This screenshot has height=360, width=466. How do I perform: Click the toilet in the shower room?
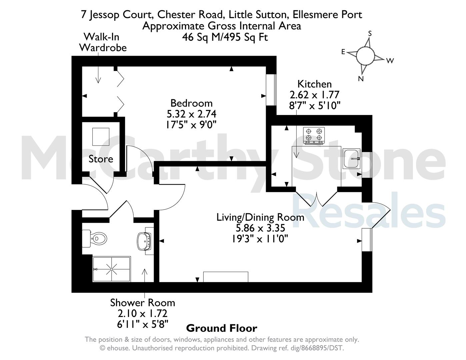click(x=94, y=238)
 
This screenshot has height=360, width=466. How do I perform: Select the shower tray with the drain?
click(x=112, y=269)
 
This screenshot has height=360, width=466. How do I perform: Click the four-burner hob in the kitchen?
click(x=314, y=136)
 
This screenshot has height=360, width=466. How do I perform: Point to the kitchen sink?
click(x=351, y=158)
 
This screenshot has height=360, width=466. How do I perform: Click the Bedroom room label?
click(x=192, y=103)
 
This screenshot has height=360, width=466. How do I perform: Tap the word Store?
click(x=101, y=159)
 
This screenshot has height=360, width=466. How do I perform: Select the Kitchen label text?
click(x=314, y=84)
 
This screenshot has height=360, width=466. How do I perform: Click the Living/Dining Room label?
click(x=260, y=217)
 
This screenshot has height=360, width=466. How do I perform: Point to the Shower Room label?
click(x=143, y=303)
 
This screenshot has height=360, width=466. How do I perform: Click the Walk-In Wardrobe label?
click(x=103, y=42)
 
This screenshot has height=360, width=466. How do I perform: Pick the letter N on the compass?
click(x=361, y=79)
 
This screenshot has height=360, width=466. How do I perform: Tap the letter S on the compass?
click(x=370, y=33)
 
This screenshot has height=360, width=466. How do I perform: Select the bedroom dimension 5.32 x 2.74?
click(x=192, y=114)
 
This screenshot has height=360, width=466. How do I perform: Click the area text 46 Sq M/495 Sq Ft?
click(x=225, y=37)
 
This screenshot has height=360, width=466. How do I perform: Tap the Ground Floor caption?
click(x=222, y=328)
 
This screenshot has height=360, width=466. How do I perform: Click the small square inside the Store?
click(x=101, y=137)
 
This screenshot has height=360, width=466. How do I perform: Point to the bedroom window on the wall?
click(x=271, y=90)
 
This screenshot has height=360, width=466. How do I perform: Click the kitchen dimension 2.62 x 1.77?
click(x=314, y=95)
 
